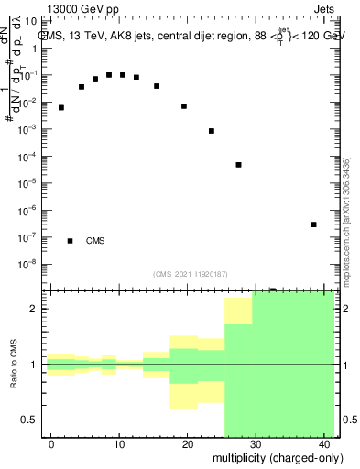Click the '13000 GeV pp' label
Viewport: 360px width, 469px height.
(x=82, y=8)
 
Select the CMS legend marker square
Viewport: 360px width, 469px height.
(x=70, y=241)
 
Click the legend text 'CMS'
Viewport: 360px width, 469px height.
(x=95, y=241)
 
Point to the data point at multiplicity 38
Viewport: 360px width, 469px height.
(x=313, y=224)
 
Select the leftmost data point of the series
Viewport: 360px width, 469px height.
(x=61, y=107)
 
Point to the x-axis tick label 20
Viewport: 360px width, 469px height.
(x=188, y=444)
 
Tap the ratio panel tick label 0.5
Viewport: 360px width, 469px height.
(x=33, y=420)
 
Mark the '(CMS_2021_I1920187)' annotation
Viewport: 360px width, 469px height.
(x=190, y=274)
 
